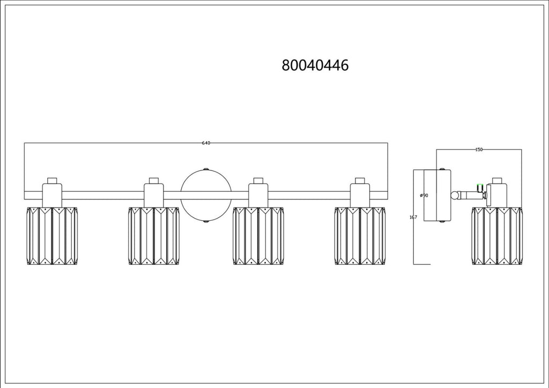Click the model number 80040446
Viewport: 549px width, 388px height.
(315, 65)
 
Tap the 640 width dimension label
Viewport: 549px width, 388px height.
(206, 143)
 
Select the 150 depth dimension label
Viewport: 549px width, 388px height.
(479, 150)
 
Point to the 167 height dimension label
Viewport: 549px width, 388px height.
(413, 217)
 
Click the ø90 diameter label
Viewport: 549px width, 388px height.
(424, 195)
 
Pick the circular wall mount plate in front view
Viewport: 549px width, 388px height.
(206, 196)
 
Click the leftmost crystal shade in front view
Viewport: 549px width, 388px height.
(52, 236)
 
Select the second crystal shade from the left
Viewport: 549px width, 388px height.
(154, 236)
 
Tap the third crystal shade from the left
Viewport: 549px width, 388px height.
(258, 236)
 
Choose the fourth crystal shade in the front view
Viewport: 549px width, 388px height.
(360, 236)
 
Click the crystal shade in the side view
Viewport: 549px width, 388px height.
(497, 236)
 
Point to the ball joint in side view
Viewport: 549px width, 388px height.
(455, 195)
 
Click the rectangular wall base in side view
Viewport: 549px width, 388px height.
(437, 195)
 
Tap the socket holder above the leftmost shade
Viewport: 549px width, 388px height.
(52, 195)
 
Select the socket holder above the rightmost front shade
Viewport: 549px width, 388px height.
(360, 195)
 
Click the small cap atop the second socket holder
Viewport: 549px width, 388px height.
(154, 181)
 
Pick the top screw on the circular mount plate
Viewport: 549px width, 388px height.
(206, 169)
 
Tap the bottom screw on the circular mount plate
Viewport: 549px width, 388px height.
(206, 222)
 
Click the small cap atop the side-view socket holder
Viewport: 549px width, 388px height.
(497, 181)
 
